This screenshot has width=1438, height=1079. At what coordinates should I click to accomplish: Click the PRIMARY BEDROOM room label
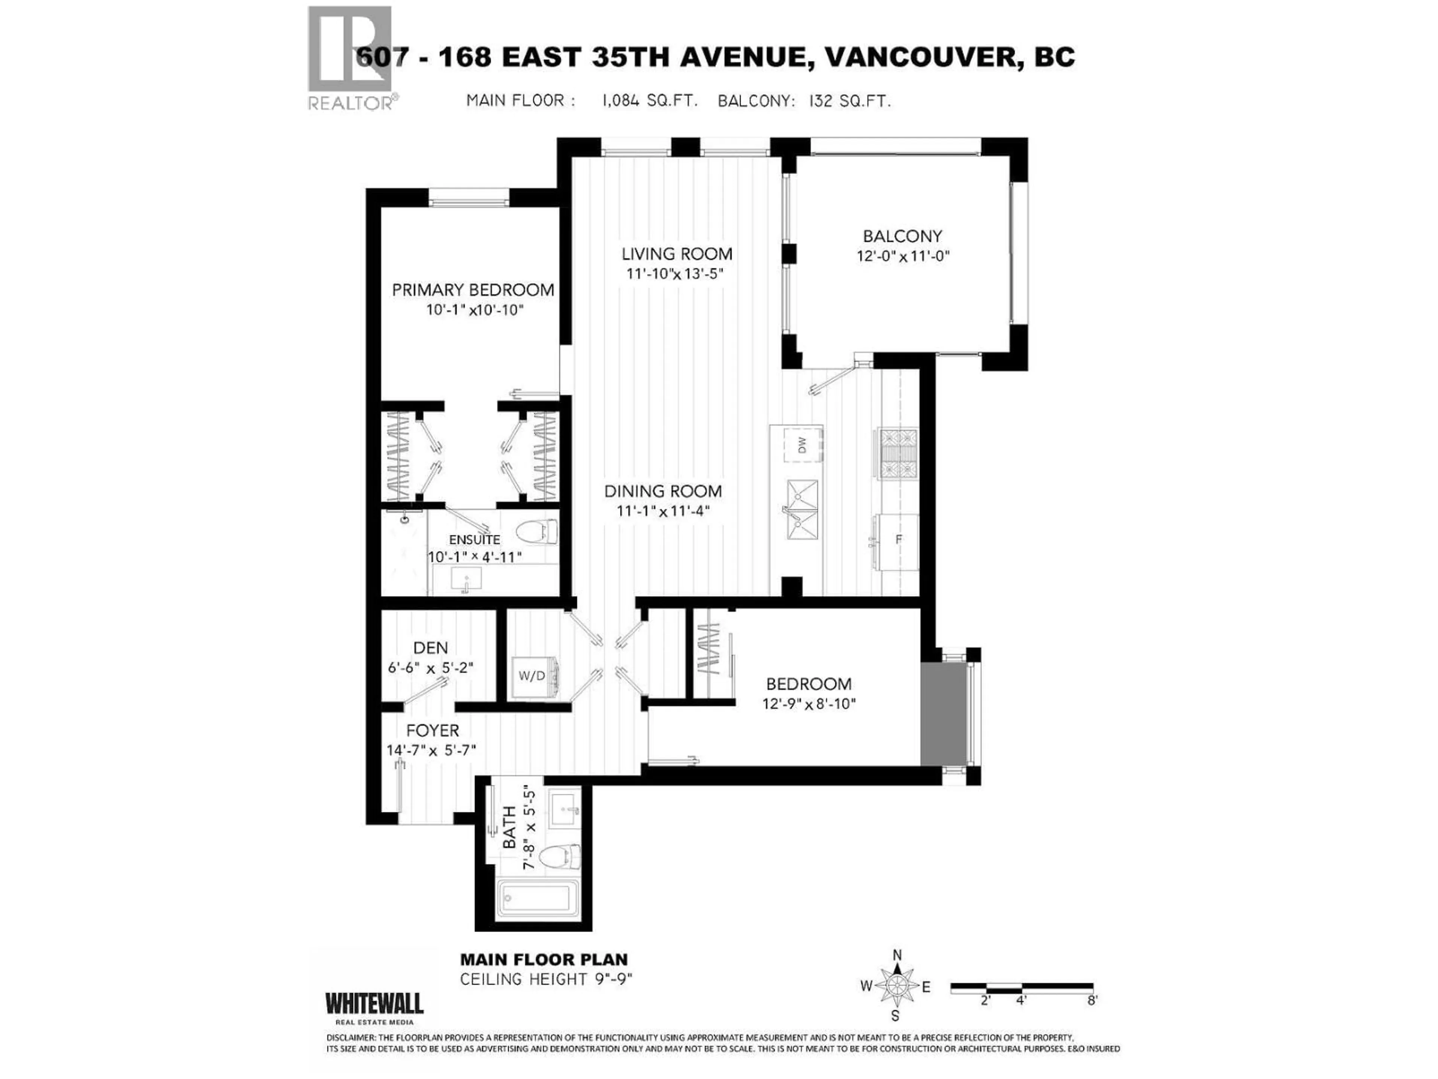coord(473,290)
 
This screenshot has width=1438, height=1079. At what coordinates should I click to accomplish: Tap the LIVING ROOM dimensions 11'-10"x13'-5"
coord(675,274)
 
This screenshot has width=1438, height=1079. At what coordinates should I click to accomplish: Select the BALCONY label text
coord(902,236)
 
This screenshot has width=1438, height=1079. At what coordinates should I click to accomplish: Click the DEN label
coord(430,648)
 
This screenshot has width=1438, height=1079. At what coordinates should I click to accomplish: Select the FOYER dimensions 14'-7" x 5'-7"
coord(431,750)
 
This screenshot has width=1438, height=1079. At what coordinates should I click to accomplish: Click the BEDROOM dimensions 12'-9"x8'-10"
coord(809,704)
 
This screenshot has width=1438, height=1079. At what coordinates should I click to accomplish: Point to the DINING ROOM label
coord(662,492)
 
